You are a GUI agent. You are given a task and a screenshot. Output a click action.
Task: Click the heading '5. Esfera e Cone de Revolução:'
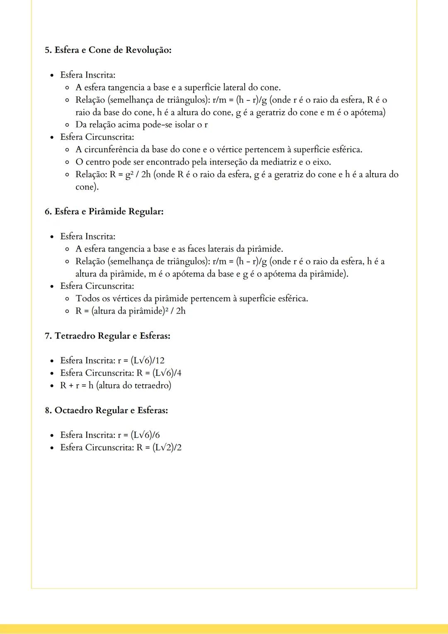(x=108, y=50)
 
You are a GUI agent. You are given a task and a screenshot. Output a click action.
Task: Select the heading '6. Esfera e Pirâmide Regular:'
(x=104, y=212)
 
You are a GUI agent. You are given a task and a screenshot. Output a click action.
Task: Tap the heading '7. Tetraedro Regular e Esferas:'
(x=107, y=336)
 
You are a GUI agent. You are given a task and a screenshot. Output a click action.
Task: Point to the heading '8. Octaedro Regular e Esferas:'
(x=106, y=410)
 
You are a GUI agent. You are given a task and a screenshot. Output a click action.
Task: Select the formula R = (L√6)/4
(x=159, y=373)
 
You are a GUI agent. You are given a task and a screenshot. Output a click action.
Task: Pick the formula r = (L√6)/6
(x=139, y=435)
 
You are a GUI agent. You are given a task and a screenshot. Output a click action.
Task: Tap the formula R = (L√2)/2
(x=159, y=448)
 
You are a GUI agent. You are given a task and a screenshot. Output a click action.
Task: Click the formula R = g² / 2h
(x=131, y=175)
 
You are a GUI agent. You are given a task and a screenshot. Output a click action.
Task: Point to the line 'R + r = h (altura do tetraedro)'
(x=115, y=385)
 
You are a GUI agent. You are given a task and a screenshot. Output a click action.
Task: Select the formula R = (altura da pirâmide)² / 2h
(x=130, y=311)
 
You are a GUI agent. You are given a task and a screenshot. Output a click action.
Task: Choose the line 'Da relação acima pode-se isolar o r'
(x=141, y=125)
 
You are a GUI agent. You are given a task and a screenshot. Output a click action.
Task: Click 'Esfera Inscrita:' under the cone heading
(x=88, y=75)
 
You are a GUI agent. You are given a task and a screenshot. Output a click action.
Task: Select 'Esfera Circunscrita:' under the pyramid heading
(x=97, y=286)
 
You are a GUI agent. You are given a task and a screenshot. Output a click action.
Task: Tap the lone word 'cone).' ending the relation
(x=87, y=187)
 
